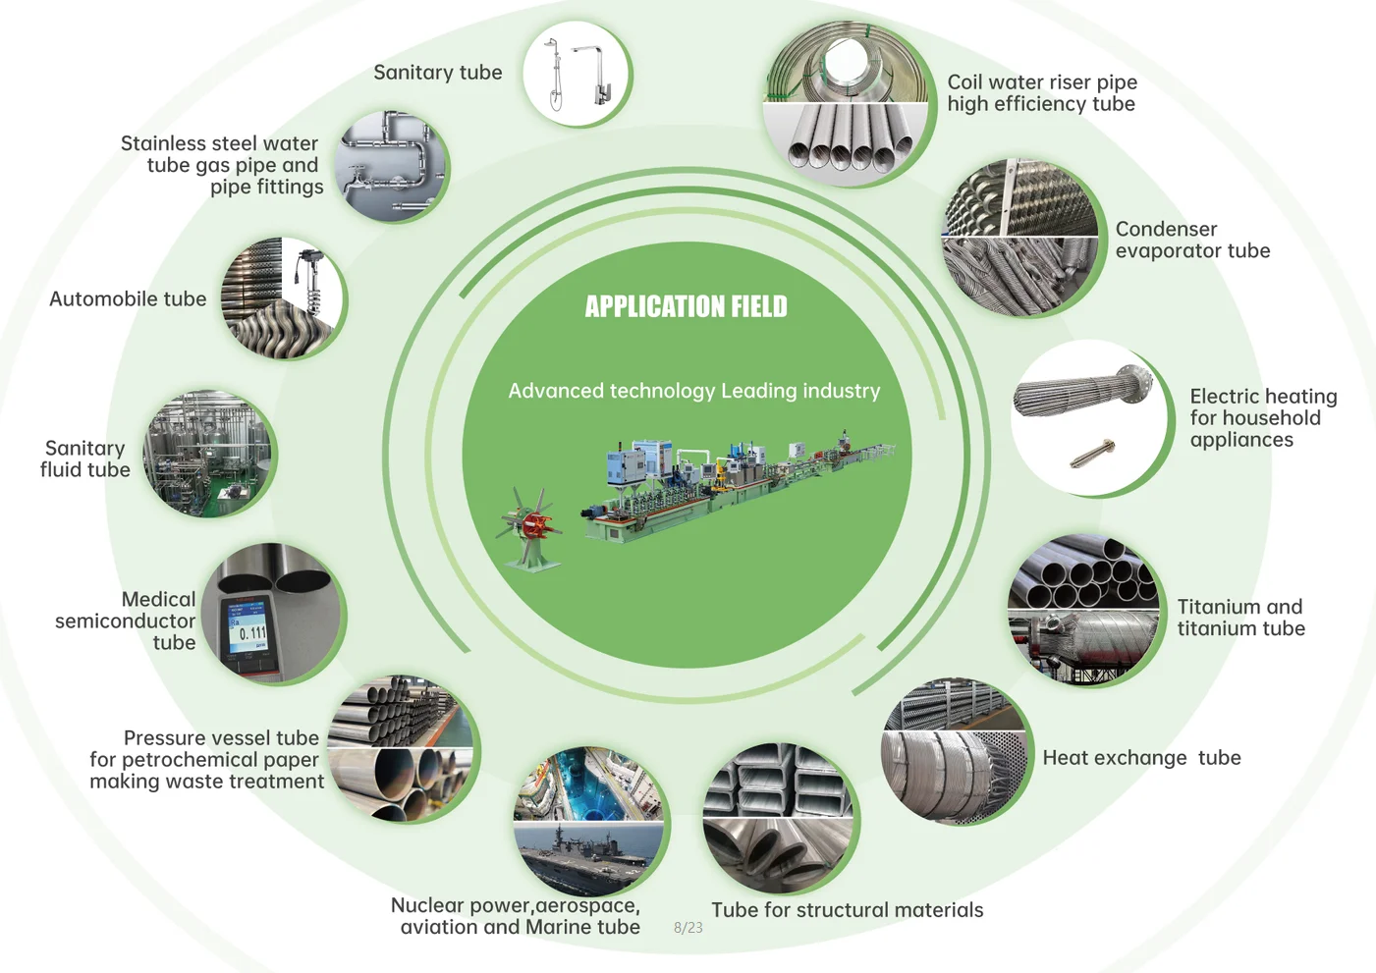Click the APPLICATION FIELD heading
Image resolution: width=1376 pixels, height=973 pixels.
pos(686,307)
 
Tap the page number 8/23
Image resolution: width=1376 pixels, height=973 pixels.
pos(688,928)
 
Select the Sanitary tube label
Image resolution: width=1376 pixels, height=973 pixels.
pos(437,73)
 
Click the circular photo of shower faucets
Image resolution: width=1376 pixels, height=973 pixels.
pos(576,75)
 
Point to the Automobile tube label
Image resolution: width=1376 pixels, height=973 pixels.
pos(128,299)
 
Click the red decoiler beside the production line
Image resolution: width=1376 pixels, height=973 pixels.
pos(531,526)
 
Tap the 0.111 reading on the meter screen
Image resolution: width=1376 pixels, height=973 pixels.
pos(252,633)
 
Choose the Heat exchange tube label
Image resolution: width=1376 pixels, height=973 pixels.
pos(1141,758)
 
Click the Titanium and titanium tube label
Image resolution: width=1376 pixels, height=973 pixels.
pos(1240,618)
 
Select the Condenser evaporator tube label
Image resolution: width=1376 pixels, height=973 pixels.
pos(1191,240)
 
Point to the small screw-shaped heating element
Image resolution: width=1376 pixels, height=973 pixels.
pos(1091,454)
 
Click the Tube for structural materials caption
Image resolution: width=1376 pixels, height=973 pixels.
pos(847,910)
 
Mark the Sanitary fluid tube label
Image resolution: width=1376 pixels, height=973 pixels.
pos(84,459)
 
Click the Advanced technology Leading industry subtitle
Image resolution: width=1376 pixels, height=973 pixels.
pos(693,391)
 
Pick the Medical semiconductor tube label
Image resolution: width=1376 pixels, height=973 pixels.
pos(126,621)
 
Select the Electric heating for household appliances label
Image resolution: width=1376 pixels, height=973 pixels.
pos(1262,417)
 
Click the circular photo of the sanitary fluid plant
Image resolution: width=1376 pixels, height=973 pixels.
pos(208,455)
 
